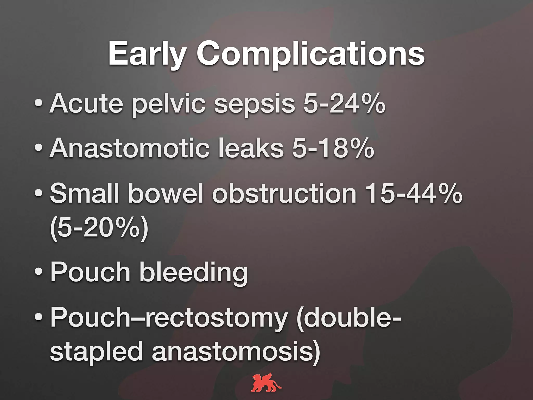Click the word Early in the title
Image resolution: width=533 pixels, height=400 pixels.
pos(147,54)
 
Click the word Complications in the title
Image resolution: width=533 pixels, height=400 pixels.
pos(310,54)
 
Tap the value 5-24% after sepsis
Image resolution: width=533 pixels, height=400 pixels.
pos(344,103)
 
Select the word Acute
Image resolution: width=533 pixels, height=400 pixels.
pos(86,103)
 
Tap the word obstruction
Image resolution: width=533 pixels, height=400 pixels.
pos(284,193)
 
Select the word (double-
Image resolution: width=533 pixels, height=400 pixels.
pos(349,318)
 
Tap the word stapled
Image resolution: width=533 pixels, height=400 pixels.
pos(96,352)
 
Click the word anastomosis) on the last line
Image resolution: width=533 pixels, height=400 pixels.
pos(236,352)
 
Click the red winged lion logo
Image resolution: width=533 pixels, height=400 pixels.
pos(266,382)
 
